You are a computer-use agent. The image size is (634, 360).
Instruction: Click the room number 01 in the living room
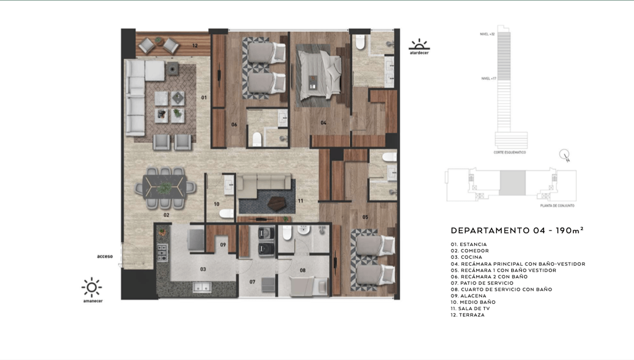[203, 97]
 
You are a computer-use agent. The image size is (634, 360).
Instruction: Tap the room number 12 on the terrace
[195, 46]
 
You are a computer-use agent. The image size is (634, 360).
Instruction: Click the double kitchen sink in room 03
[204, 287]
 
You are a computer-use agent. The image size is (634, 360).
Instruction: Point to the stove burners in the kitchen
[162, 252]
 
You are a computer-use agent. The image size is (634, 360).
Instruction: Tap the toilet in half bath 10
[226, 214]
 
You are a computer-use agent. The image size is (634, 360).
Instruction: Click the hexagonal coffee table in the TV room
[276, 204]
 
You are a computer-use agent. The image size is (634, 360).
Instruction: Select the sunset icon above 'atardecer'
[419, 44]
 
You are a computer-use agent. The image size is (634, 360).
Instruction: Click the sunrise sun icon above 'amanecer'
[91, 287]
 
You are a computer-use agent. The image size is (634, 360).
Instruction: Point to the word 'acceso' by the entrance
[105, 257]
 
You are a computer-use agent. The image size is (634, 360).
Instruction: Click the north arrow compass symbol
[565, 155]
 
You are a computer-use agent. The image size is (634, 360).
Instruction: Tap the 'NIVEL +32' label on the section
[488, 33]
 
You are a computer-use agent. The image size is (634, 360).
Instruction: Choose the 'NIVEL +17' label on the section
[488, 78]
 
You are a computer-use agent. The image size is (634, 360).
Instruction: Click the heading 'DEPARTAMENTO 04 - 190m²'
[517, 230]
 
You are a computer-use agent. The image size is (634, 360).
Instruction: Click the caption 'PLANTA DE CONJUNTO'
[557, 206]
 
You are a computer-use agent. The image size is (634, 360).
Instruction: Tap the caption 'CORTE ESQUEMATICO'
[509, 152]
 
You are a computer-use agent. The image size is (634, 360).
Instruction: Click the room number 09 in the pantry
[223, 245]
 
